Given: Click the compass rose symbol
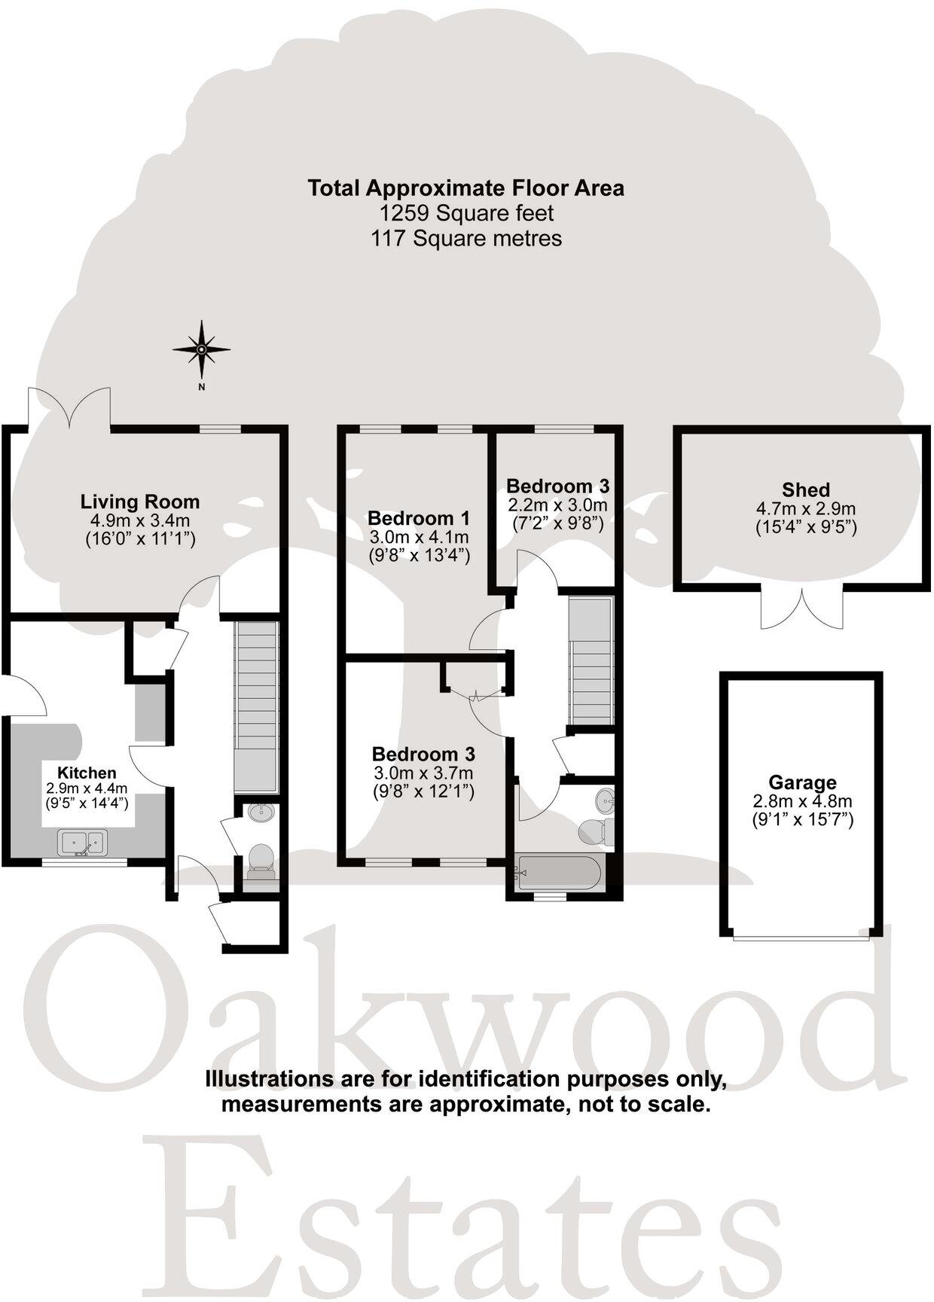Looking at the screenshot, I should [x=201, y=349].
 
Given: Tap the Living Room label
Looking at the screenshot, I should [x=140, y=502].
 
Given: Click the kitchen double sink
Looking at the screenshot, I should [x=84, y=842].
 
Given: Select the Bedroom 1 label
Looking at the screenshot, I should [x=419, y=518].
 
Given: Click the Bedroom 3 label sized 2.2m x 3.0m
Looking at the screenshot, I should [x=557, y=486].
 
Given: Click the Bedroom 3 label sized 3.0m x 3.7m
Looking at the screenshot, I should [x=423, y=754].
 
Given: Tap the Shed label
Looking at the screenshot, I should [x=805, y=489].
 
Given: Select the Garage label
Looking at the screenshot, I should [x=802, y=782].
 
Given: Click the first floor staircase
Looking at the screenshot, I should [x=591, y=659].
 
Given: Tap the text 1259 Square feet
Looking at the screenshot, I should [x=466, y=213].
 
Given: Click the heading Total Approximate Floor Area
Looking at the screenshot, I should [x=466, y=188].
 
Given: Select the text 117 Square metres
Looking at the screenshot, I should [x=466, y=239].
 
